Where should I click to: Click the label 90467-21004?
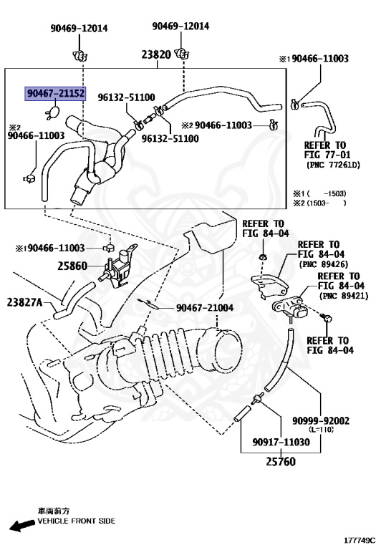click(208, 308)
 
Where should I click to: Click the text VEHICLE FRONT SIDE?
click(77, 521)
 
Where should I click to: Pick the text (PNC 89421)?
click(341, 295)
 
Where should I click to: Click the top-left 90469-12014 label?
click(78, 28)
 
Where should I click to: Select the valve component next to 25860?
click(118, 268)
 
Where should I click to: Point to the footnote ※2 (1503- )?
click(319, 203)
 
